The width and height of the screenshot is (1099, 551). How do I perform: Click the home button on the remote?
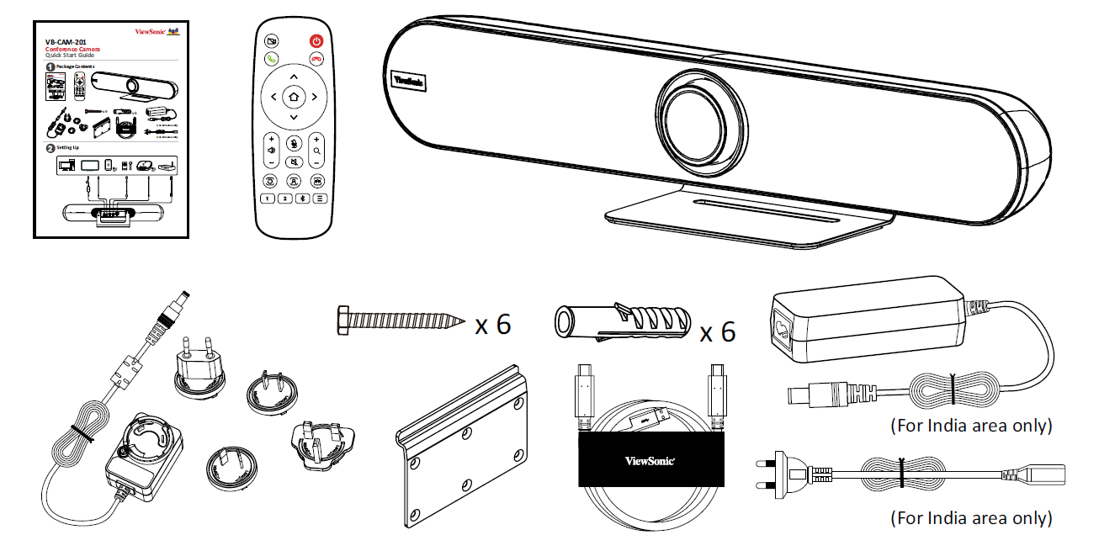[293, 98]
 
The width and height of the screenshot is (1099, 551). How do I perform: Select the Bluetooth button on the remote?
[304, 199]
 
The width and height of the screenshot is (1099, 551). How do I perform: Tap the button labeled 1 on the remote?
[267, 199]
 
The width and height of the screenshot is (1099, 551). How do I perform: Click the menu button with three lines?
[321, 199]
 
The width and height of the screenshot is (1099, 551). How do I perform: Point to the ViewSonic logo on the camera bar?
[408, 80]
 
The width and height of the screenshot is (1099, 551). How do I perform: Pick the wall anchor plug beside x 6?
[619, 322]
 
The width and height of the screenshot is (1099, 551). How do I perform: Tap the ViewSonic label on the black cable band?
[650, 460]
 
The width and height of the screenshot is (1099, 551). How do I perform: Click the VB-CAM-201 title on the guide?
[65, 40]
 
